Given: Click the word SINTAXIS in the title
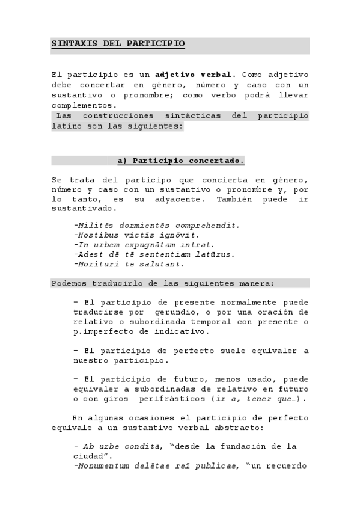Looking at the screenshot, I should (71, 44).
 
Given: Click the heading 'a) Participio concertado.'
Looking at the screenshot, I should (180, 161).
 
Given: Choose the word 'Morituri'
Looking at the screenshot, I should (96, 264).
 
